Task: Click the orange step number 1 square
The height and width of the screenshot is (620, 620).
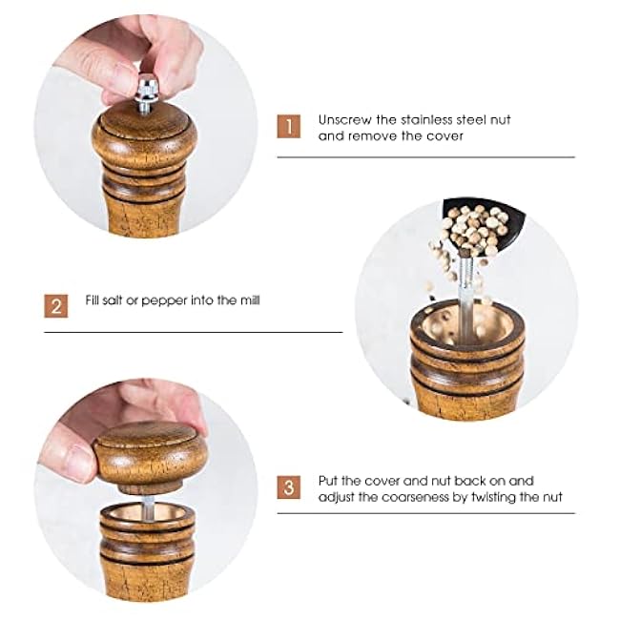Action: point(289,127)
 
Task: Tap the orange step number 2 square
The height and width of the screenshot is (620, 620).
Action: point(56,306)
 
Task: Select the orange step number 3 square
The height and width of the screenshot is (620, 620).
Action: point(289,488)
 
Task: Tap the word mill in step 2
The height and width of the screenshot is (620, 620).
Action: point(247,300)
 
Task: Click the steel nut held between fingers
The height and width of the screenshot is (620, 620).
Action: point(147,93)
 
